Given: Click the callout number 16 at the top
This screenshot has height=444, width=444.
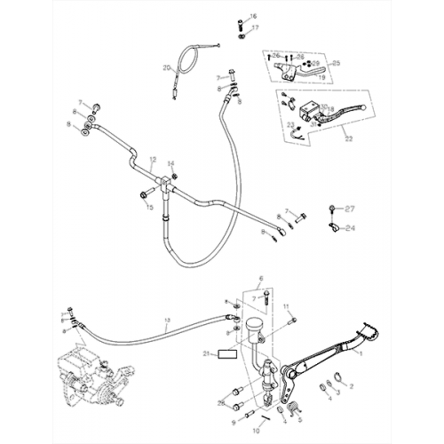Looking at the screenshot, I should [x=252, y=18].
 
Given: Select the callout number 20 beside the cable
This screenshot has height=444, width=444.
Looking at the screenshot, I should [x=166, y=68].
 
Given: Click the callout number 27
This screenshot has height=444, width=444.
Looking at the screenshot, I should [x=349, y=209].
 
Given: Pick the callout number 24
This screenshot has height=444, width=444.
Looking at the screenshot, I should [x=349, y=227].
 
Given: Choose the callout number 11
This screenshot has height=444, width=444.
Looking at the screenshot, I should [x=287, y=306].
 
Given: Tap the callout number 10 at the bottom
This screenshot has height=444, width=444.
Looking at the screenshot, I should [x=257, y=428].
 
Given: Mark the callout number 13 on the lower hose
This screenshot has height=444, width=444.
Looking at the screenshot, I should [x=167, y=319].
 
